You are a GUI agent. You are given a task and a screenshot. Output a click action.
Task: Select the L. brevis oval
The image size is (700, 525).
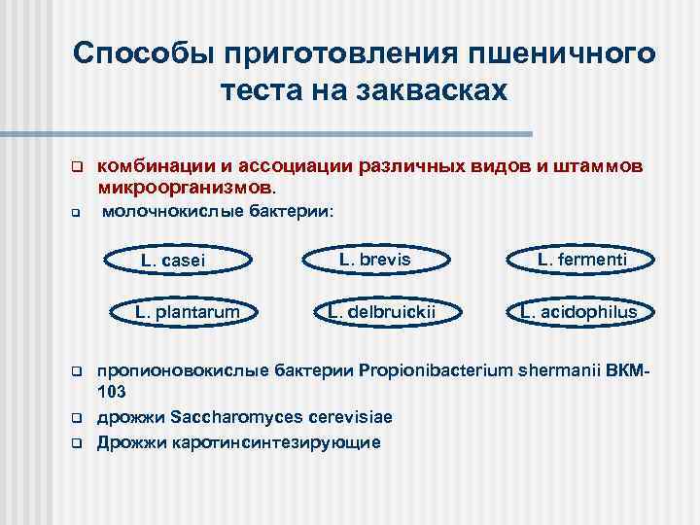click(374, 260)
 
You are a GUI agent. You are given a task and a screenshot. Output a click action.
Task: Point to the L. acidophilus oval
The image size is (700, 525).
click(578, 312)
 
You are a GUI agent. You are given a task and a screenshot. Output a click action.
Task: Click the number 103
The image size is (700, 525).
click(112, 393)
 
